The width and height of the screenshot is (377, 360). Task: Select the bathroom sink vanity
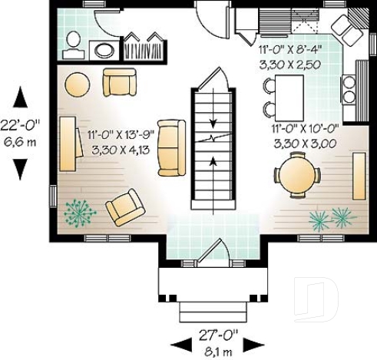(102, 50)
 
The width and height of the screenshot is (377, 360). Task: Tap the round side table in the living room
(77, 83)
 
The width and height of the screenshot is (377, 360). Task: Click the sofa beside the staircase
(170, 147)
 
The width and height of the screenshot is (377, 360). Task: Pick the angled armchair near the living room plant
(124, 207)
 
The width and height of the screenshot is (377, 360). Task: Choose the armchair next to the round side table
(119, 81)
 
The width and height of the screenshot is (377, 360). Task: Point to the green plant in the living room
(79, 211)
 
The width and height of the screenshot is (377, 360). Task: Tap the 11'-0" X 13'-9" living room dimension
(116, 134)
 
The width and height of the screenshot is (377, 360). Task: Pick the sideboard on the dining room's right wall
(359, 176)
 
